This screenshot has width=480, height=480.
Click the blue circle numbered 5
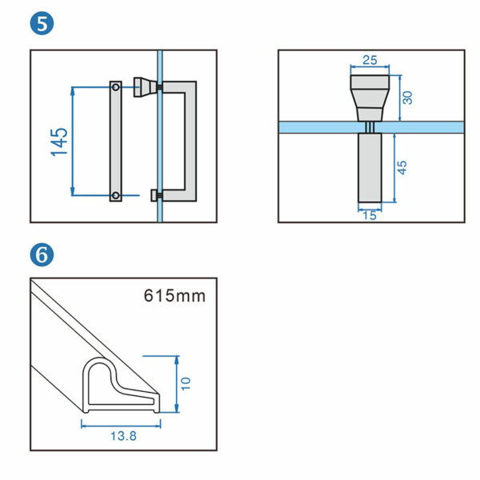(x=42, y=24)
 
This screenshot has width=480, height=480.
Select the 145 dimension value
(x=58, y=141)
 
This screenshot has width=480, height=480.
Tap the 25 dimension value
(x=370, y=61)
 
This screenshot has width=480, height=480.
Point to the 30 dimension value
(x=406, y=98)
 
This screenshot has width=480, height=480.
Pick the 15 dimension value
(x=370, y=215)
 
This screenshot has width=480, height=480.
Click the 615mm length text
(x=174, y=295)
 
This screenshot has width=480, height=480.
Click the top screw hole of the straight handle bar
(x=116, y=86)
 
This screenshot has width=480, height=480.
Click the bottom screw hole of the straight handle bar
(x=116, y=195)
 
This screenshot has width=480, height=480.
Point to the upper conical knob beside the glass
(x=144, y=86)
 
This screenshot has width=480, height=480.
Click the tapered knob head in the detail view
(x=370, y=94)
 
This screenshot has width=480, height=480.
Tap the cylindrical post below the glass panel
(x=370, y=168)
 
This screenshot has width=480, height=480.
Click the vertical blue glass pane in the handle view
(x=160, y=160)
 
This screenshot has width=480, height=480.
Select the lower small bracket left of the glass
(x=154, y=194)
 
